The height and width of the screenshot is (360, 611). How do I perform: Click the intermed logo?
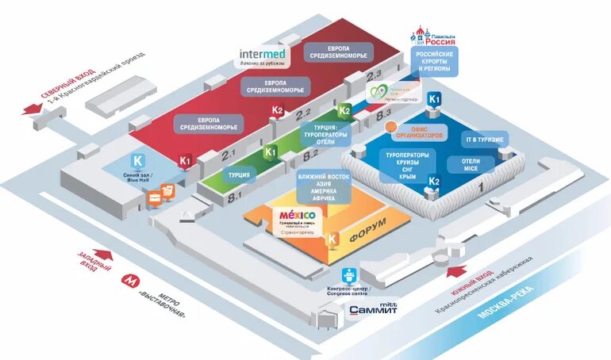click(x=262, y=56)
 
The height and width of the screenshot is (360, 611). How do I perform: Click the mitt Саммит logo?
click(x=372, y=308)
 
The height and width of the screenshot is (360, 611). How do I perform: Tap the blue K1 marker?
click(x=434, y=100)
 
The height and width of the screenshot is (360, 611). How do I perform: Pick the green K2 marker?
click(x=344, y=110)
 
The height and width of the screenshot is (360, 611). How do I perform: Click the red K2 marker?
click(x=277, y=111)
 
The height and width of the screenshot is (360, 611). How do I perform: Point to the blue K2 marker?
click(x=434, y=182)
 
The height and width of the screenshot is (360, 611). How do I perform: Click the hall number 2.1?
click(x=230, y=151)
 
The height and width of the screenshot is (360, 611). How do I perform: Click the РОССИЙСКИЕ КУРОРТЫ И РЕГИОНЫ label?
click(x=433, y=63)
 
